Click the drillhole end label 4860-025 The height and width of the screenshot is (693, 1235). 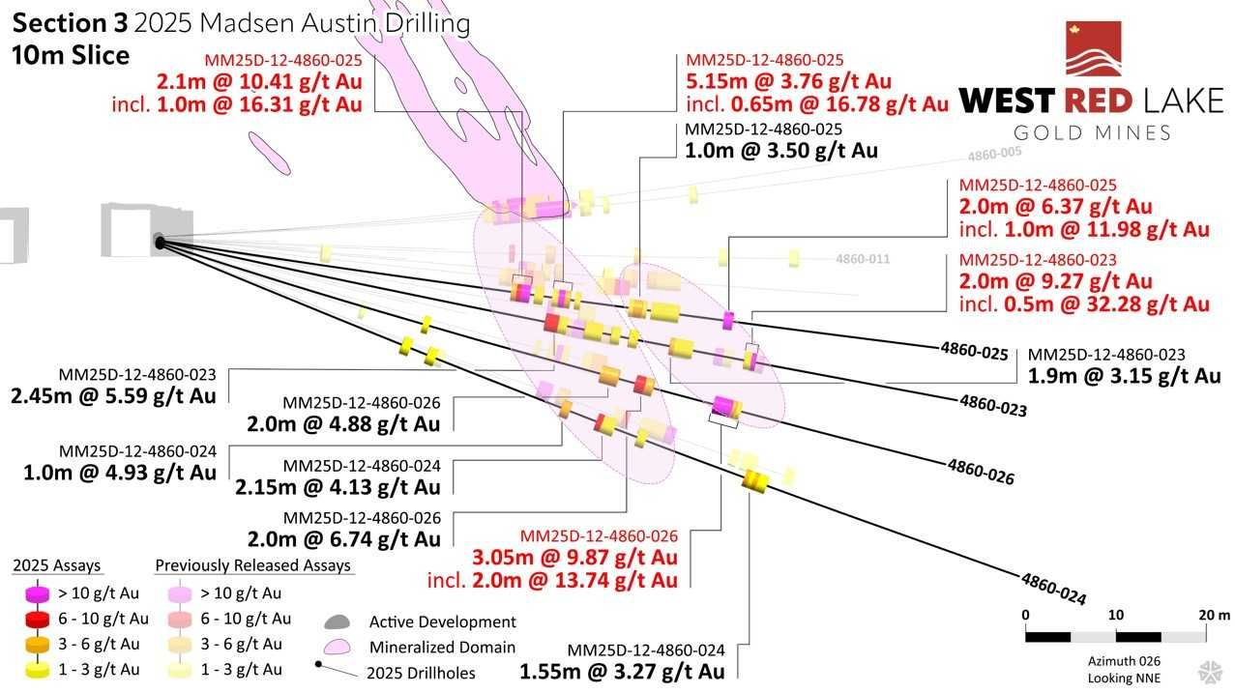[974, 353]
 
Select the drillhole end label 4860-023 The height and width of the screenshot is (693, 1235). [993, 405]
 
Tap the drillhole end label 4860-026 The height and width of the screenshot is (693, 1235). [981, 470]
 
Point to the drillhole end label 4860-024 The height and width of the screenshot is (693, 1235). [1053, 589]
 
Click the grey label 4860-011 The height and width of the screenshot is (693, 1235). [862, 259]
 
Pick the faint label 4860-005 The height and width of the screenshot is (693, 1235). [994, 154]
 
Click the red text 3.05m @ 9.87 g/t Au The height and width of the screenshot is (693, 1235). [574, 558]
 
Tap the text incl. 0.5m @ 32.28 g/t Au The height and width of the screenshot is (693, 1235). [1083, 303]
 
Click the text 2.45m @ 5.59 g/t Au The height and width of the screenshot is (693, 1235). [113, 395]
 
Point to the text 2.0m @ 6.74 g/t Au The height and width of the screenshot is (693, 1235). [338, 538]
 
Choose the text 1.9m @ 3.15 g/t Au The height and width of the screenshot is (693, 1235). [1125, 376]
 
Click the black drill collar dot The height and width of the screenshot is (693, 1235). [161, 242]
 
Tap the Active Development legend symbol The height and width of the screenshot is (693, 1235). [338, 621]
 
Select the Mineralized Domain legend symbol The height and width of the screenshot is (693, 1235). [338, 646]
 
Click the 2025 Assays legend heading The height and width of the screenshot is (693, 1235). [56, 565]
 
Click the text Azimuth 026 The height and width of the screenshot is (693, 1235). [1124, 661]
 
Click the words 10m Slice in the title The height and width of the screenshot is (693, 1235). [70, 55]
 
